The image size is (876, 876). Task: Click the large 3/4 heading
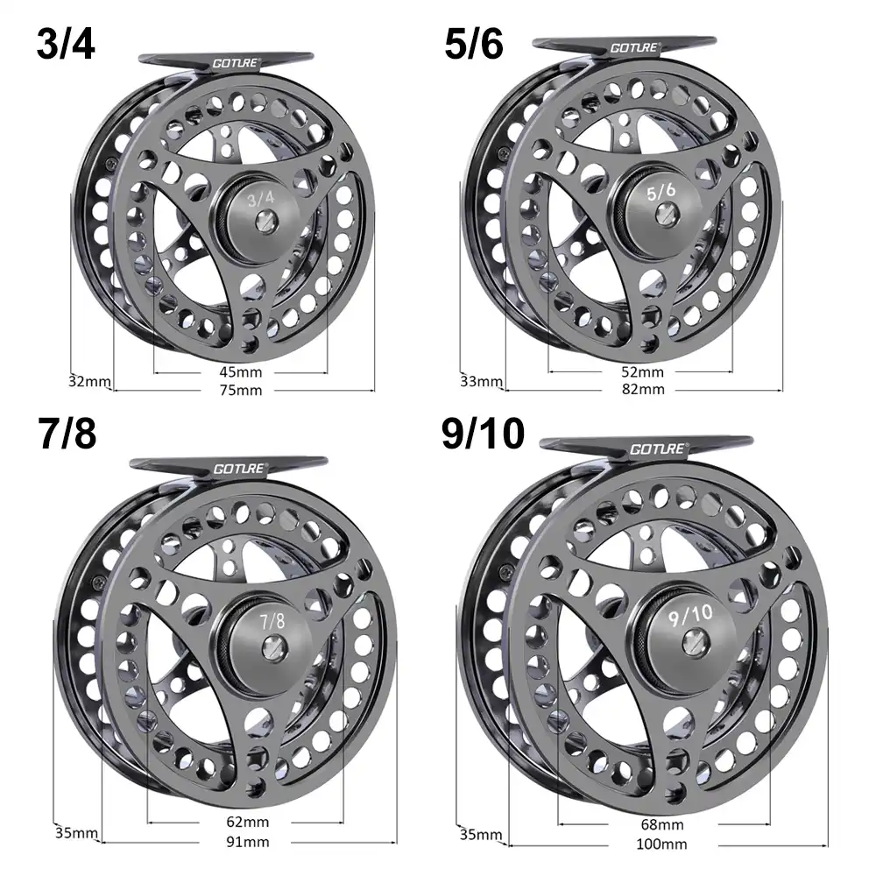66,44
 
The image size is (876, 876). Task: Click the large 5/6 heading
474,44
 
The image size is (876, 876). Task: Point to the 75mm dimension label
242,390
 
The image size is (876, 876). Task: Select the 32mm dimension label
89,381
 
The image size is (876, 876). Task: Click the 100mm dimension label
661,844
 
